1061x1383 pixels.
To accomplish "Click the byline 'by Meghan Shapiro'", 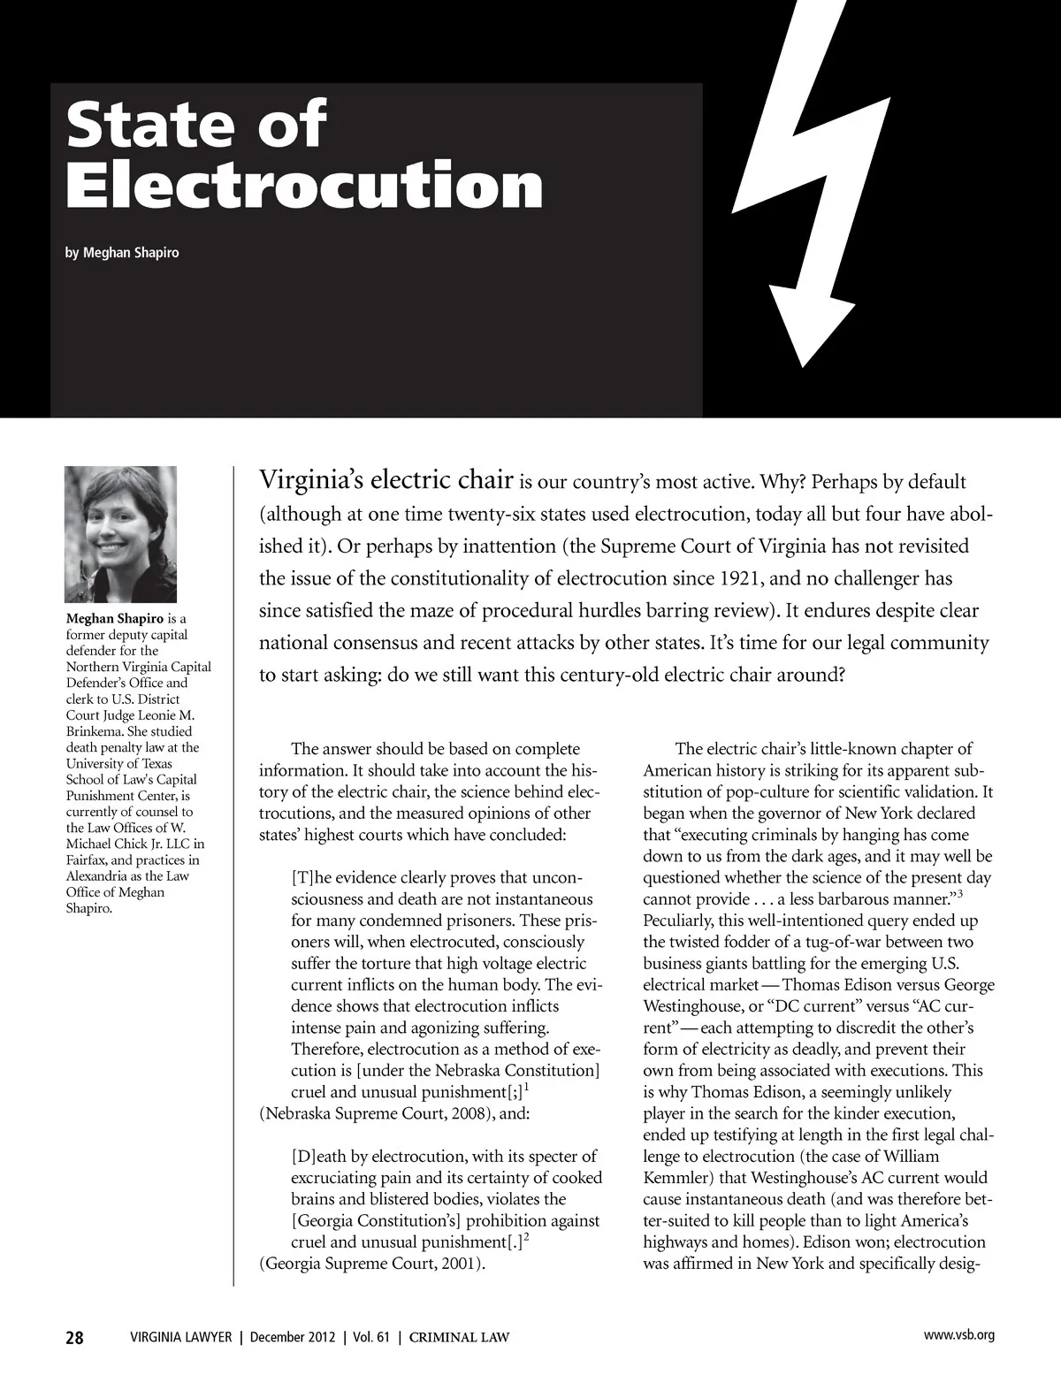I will click(122, 253).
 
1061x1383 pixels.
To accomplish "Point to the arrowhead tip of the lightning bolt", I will click(801, 363).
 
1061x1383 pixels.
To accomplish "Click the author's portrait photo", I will click(121, 534).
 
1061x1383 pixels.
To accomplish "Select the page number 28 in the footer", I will click(74, 1337).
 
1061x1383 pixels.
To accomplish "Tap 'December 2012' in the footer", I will click(293, 1337).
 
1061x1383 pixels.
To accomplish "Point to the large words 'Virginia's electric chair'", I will click(386, 481).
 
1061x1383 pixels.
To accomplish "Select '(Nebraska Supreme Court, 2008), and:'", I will click(394, 1113).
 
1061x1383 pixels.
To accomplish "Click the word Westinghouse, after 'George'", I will click(687, 1006).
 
